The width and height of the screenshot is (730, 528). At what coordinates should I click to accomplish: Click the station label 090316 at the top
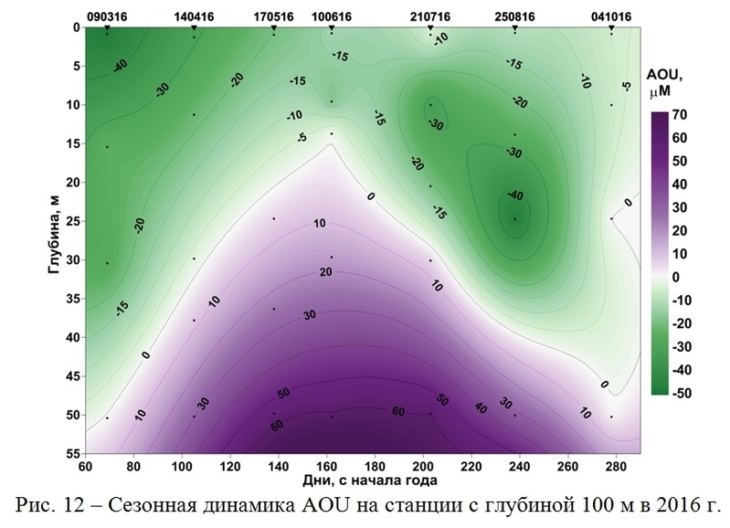(107, 16)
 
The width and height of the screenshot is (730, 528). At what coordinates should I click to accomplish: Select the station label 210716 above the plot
(430, 16)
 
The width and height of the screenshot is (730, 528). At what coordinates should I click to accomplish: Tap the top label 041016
(611, 16)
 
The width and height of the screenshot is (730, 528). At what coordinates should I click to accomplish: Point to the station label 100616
(332, 16)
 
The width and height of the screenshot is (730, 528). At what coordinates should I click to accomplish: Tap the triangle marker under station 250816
(515, 29)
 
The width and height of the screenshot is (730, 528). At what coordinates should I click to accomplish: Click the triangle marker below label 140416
(194, 29)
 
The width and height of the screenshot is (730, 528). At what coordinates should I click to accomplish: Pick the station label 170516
(274, 16)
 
